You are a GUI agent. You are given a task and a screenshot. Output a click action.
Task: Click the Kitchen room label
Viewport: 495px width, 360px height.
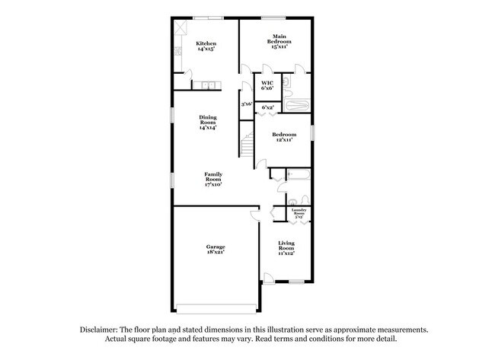(206, 46)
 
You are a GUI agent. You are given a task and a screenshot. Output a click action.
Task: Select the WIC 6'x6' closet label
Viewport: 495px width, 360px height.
(267, 86)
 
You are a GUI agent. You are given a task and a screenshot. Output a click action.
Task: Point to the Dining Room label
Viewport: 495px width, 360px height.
(208, 123)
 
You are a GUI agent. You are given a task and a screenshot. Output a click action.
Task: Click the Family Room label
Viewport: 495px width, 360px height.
(212, 179)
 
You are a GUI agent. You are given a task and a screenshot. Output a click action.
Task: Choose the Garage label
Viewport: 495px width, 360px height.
(215, 249)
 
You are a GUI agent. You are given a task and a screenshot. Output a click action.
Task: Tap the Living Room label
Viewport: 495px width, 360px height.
(286, 247)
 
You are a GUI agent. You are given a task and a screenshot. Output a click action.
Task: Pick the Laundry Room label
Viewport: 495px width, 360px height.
(299, 212)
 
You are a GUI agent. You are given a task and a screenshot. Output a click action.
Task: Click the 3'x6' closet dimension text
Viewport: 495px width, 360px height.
(246, 104)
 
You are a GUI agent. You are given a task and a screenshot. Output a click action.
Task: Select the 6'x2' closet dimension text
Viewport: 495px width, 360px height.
(268, 108)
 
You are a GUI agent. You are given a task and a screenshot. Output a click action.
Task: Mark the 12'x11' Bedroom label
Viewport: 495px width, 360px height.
(284, 137)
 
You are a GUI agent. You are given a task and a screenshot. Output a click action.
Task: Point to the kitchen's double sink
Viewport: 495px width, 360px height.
(203, 85)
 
